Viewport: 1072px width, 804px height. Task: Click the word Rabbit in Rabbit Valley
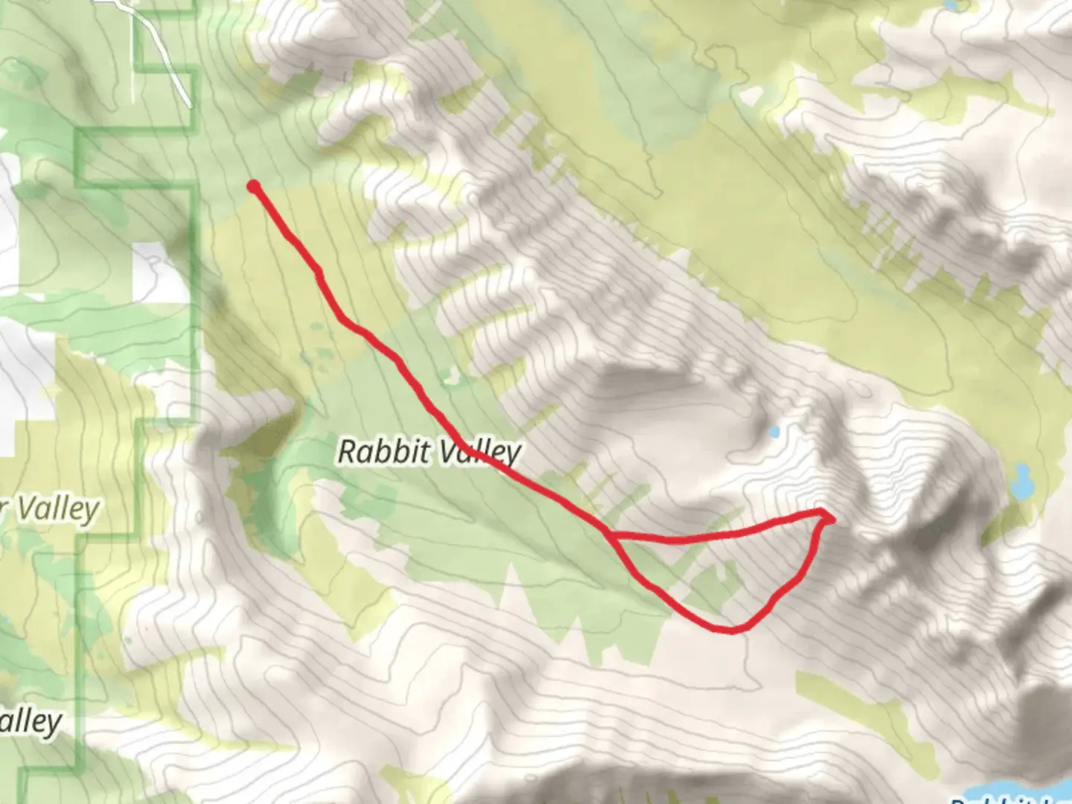click(384, 451)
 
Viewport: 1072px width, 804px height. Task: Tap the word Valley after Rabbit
click(479, 453)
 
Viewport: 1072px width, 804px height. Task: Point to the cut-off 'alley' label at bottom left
click(30, 722)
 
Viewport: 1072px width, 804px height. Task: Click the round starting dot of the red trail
click(254, 186)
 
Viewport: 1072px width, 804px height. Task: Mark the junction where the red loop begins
click(609, 535)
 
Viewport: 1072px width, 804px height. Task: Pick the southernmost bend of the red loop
click(730, 630)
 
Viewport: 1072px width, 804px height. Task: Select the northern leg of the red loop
click(715, 533)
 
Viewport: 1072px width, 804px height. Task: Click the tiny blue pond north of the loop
click(774, 432)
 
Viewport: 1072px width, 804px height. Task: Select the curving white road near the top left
click(160, 45)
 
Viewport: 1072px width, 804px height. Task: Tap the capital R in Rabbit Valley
click(348, 451)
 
